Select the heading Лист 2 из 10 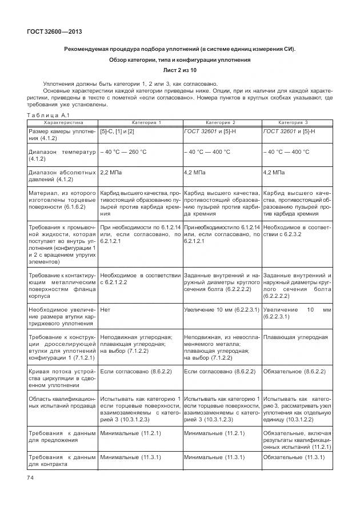[179, 70]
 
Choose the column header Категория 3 [293, 122]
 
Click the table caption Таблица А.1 [48, 115]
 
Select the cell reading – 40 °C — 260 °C [123, 152]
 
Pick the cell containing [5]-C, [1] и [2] [117, 132]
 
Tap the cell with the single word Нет [105, 309]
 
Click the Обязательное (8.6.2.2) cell [294, 371]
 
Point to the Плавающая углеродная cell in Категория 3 [295, 337]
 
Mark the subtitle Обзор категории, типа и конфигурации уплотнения [179, 59]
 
